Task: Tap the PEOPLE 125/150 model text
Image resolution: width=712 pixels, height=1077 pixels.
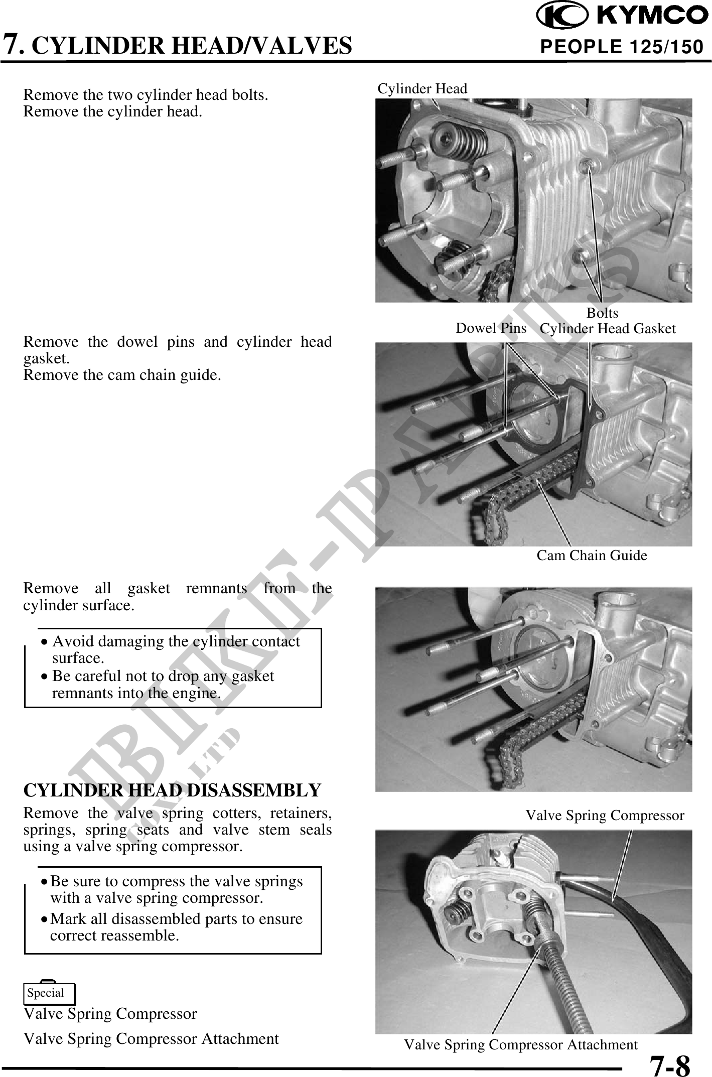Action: coord(621,47)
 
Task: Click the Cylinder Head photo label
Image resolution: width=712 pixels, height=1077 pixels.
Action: coord(422,89)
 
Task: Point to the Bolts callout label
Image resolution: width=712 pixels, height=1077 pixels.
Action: coord(602,313)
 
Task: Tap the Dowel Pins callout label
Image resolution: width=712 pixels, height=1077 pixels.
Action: coord(490,328)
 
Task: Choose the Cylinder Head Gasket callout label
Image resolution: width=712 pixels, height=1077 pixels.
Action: coord(608,329)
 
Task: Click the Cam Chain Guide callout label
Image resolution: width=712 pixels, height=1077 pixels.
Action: coord(592,555)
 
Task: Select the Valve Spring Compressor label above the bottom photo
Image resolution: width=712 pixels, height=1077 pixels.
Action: coord(605,815)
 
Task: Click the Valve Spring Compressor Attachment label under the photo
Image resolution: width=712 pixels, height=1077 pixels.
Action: coord(521,1044)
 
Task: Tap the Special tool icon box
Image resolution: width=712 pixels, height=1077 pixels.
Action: coord(49,993)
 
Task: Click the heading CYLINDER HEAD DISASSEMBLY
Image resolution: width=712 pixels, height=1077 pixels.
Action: coord(172,790)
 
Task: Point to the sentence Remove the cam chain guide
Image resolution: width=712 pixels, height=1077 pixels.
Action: coord(122,375)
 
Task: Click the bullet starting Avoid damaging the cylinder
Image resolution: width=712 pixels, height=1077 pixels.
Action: coord(176,649)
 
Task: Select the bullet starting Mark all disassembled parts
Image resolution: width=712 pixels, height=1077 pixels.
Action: coord(176,927)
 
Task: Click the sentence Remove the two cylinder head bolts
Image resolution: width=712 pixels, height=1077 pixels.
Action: coord(146,95)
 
